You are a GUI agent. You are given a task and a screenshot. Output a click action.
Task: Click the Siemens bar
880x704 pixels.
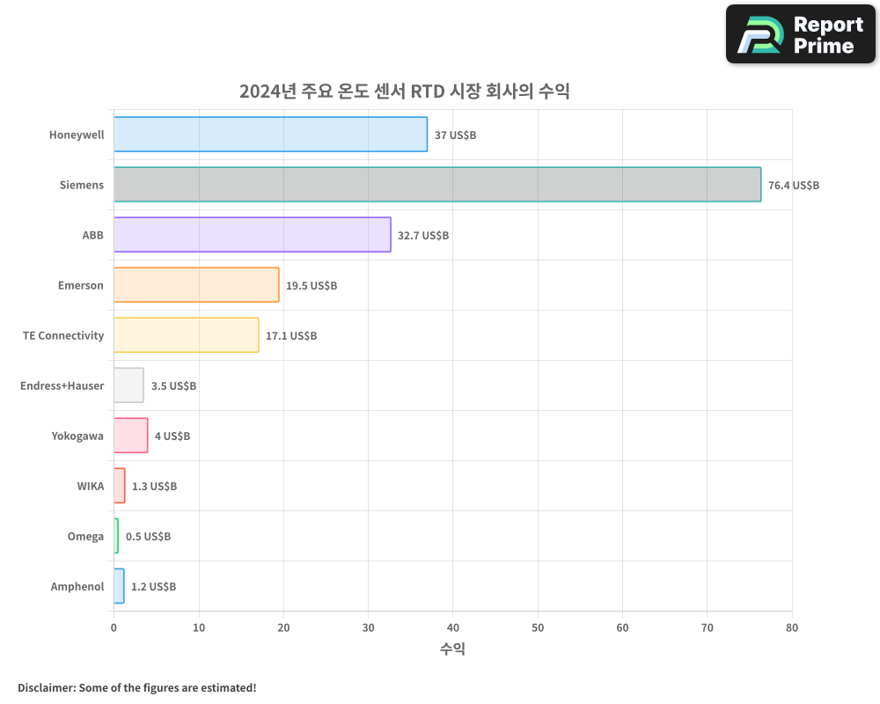[x=437, y=185]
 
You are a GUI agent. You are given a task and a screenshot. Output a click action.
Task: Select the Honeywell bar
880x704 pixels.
[x=270, y=135]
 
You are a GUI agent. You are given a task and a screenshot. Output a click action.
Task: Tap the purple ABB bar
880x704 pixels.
[x=253, y=235]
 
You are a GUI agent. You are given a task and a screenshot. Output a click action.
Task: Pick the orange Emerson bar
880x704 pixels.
[x=196, y=285]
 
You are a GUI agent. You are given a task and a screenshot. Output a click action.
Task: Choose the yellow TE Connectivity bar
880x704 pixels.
[x=187, y=335]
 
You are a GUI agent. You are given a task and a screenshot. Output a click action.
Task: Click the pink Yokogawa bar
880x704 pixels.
[x=131, y=436]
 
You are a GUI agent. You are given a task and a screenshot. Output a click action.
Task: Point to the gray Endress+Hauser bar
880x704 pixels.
[x=128, y=385]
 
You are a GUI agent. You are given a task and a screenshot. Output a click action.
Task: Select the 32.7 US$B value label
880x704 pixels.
[x=423, y=236]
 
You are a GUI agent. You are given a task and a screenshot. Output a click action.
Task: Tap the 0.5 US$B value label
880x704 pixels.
[x=148, y=537]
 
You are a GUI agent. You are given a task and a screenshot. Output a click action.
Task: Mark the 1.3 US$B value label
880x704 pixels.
[x=154, y=487]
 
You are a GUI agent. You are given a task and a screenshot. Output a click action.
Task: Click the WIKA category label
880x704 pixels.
[x=90, y=486]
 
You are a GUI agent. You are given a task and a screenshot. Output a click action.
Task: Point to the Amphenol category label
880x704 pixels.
[x=77, y=587]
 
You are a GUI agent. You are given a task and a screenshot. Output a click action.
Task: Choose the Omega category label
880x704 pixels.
[x=85, y=537]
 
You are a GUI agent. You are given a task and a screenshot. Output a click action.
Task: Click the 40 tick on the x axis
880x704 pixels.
[x=452, y=627]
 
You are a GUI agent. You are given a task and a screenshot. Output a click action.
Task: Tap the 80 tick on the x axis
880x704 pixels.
[x=792, y=627]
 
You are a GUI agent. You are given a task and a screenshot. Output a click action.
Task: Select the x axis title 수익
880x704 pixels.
[x=452, y=649]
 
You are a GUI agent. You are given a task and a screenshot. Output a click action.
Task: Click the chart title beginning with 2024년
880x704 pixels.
[x=405, y=92]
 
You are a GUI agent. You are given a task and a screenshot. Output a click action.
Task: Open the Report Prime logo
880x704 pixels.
[x=800, y=34]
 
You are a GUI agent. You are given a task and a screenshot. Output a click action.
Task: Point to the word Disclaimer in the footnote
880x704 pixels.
[x=45, y=687]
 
